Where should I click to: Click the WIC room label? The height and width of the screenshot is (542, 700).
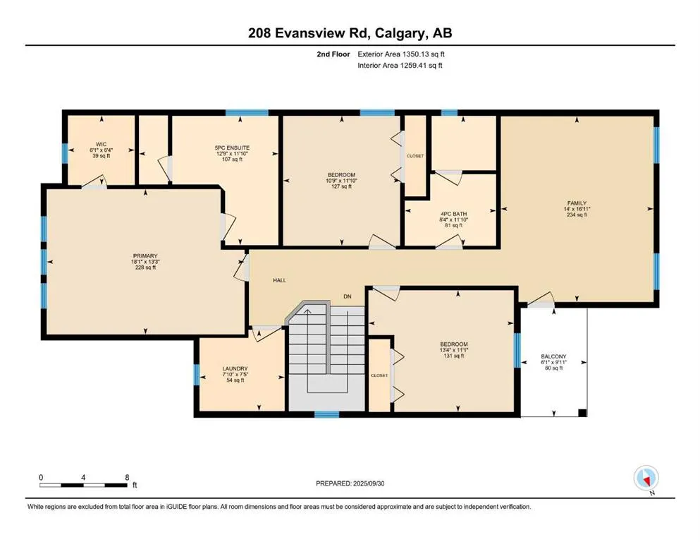(x=102, y=145)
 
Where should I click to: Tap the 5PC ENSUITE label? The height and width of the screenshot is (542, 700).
(x=232, y=148)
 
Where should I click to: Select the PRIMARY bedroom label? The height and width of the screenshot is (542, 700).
(x=145, y=256)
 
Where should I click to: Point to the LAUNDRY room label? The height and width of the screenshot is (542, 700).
(x=235, y=368)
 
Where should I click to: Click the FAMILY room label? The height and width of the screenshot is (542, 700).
(x=577, y=203)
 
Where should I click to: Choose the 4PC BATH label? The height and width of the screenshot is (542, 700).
(x=453, y=214)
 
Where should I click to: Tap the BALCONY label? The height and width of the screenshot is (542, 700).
(x=553, y=356)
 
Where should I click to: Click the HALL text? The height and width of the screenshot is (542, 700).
(x=279, y=280)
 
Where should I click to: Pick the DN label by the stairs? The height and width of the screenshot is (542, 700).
(x=348, y=296)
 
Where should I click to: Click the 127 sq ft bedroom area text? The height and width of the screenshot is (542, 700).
(x=341, y=186)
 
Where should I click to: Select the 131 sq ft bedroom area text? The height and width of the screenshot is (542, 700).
(x=454, y=356)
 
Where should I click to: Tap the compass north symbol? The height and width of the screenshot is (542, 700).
(x=646, y=478)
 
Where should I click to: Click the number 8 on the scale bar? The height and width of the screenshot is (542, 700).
(x=127, y=477)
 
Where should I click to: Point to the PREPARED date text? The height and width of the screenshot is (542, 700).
(x=350, y=483)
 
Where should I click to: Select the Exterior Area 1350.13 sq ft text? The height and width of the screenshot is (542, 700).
(x=401, y=54)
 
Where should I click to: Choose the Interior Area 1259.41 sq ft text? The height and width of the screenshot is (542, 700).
(x=400, y=65)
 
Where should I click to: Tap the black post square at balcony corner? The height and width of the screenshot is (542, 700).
(x=582, y=413)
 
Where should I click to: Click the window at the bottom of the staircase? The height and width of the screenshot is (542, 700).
(x=327, y=414)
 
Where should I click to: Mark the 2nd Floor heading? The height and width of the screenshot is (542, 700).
(x=333, y=54)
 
